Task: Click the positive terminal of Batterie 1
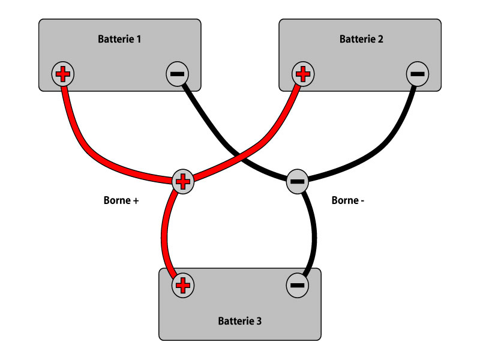(x=63, y=74)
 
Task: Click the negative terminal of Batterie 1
(x=177, y=74)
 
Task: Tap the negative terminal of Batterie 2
(x=418, y=74)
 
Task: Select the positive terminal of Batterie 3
(x=184, y=285)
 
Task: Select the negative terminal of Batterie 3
(x=298, y=285)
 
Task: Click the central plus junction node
(x=184, y=181)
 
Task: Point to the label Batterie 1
(x=119, y=40)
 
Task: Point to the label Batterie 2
(x=361, y=40)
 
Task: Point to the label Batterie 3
(x=239, y=321)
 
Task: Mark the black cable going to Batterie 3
(x=313, y=234)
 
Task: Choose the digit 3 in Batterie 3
(x=259, y=321)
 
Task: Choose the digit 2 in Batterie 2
(x=380, y=40)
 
